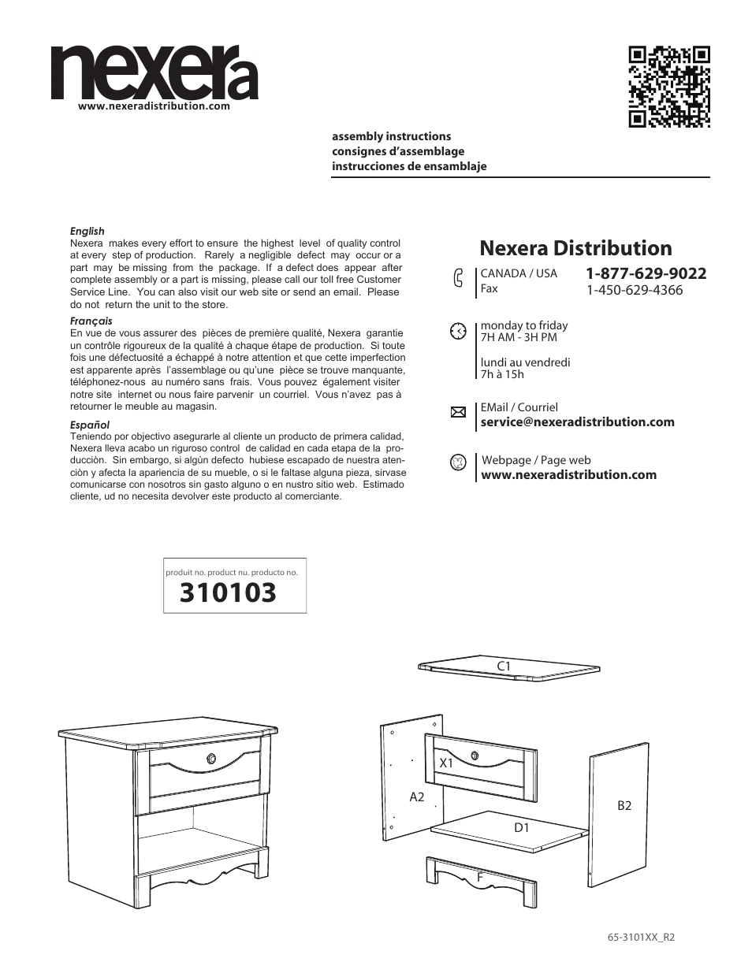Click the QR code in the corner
tap(669, 87)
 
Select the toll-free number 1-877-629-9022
tap(646, 273)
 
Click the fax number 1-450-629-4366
tap(634, 290)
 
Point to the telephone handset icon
tap(458, 280)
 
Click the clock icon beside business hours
tap(458, 331)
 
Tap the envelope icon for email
tap(458, 412)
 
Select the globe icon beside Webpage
tap(458, 462)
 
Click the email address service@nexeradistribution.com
tap(577, 422)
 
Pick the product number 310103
tap(228, 592)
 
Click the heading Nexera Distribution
tap(575, 248)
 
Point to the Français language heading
tap(91, 321)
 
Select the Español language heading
tap(90, 425)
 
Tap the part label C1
tap(504, 667)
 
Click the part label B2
tap(624, 805)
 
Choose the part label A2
tap(417, 797)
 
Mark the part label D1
tap(522, 827)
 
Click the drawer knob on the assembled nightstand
tap(211, 759)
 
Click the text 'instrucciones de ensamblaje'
tap(409, 166)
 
